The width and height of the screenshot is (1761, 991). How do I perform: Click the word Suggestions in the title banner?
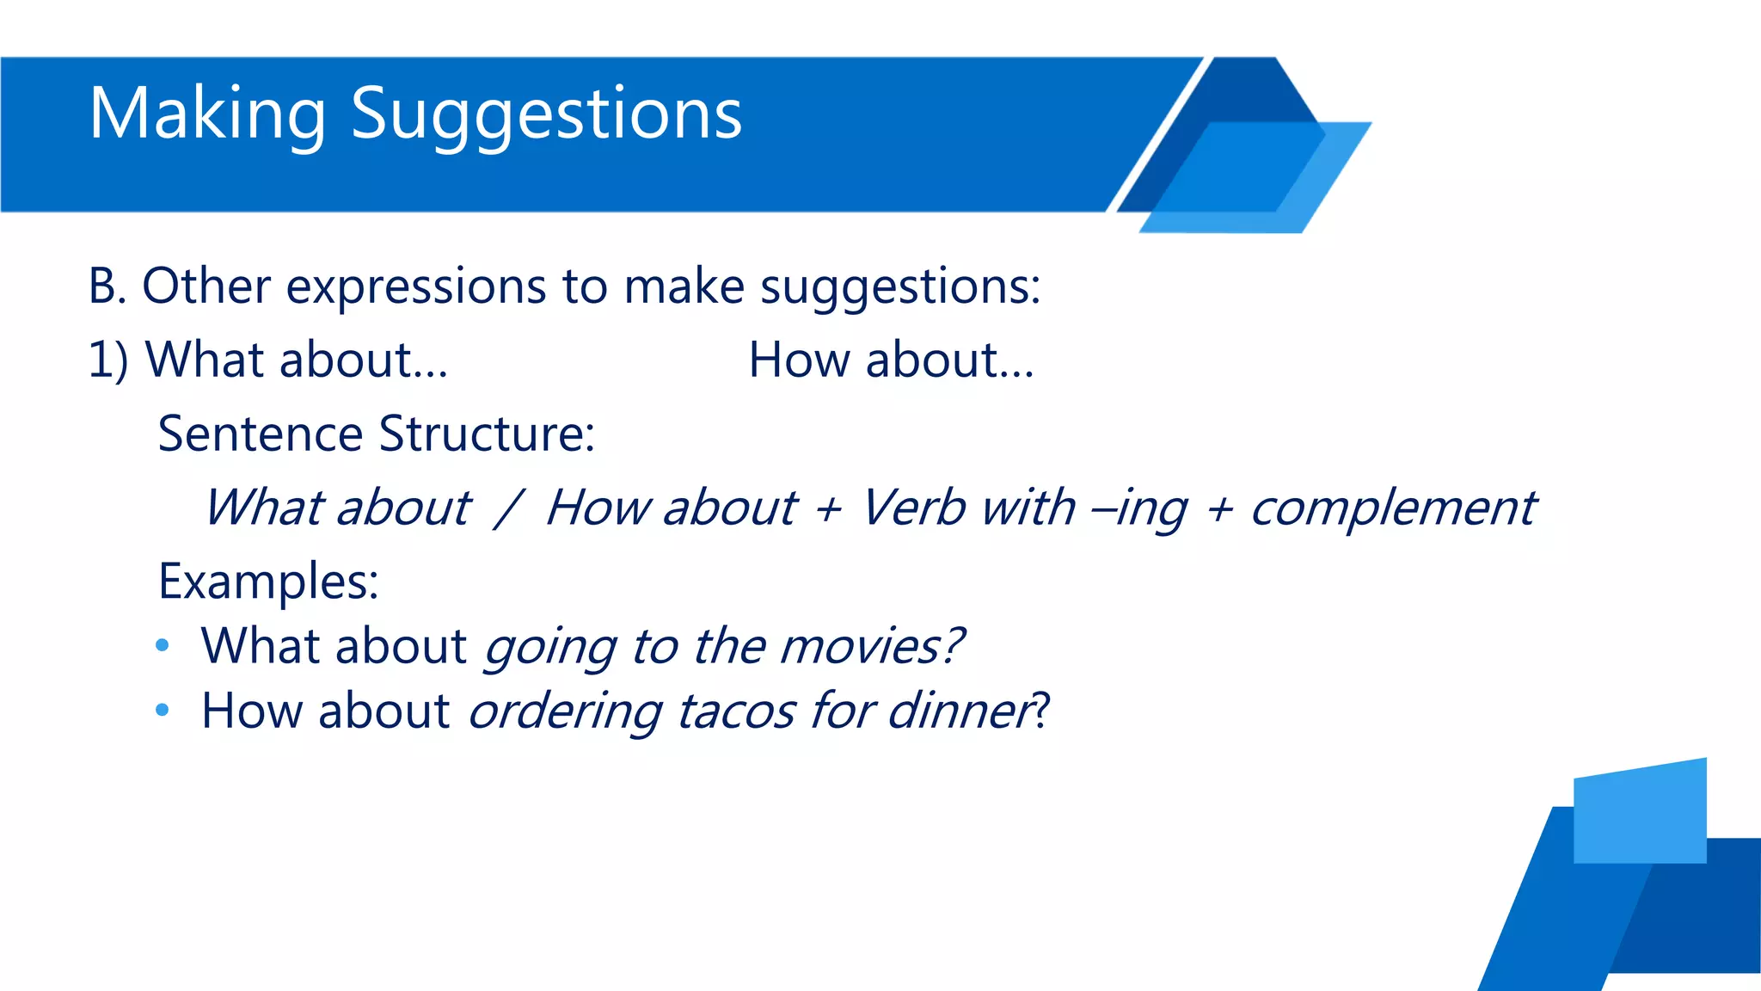[x=546, y=114]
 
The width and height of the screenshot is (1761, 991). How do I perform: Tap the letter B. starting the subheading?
[x=107, y=286]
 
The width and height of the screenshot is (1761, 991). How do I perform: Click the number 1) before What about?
[x=108, y=360]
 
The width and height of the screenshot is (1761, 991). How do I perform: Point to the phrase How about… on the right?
[x=891, y=360]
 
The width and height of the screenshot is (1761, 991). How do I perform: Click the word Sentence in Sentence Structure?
[x=259, y=434]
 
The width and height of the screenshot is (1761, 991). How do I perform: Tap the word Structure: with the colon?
[x=487, y=434]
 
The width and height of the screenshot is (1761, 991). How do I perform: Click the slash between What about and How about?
[x=508, y=508]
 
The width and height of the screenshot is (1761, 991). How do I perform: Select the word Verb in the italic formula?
[x=913, y=508]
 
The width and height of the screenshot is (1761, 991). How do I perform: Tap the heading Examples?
[x=268, y=582]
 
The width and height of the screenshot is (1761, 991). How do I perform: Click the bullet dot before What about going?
[x=163, y=646]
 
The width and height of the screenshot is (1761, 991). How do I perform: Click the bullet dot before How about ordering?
[x=163, y=711]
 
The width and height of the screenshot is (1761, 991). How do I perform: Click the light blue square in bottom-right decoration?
[x=1639, y=813]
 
